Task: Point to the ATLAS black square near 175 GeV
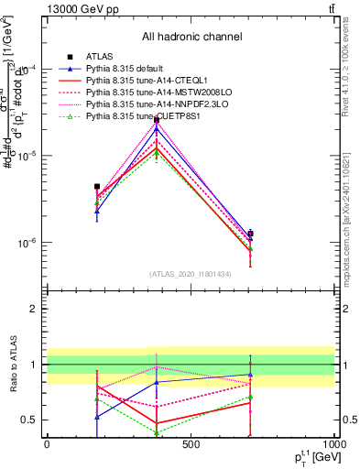(x=97, y=186)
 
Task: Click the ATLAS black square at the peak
(x=157, y=119)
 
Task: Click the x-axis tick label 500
(x=190, y=444)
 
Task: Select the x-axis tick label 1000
(x=333, y=444)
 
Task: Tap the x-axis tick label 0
(x=47, y=444)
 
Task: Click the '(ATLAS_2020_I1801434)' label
(x=191, y=275)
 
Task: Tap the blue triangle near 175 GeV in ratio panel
(x=97, y=416)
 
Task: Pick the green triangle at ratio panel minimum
(x=157, y=432)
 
